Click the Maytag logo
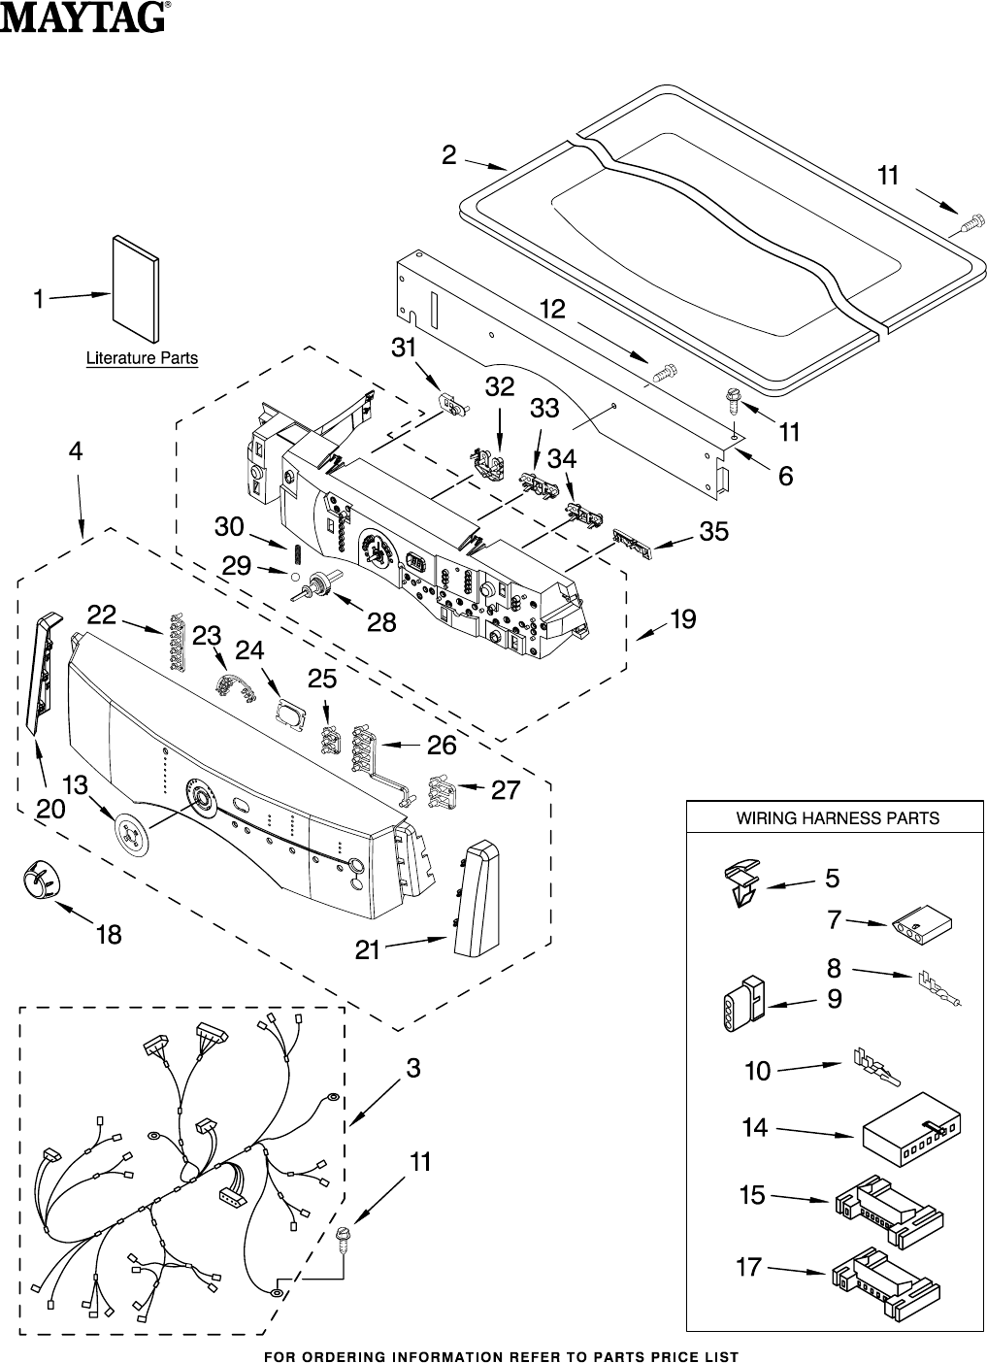(x=84, y=17)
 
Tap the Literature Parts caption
(x=142, y=358)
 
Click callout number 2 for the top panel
(x=449, y=155)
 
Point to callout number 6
(x=785, y=476)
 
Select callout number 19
(x=683, y=618)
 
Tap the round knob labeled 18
(x=38, y=882)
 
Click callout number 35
(x=713, y=531)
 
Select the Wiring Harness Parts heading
(x=837, y=818)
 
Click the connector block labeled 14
(x=913, y=1131)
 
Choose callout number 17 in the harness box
(x=748, y=1267)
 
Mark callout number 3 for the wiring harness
(x=413, y=1069)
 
